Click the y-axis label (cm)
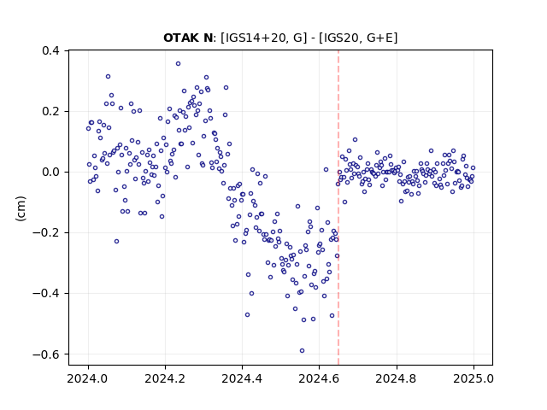[x=21, y=208]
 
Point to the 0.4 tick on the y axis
[x=50, y=51]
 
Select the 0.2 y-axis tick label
[x=50, y=112]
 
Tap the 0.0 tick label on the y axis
[x=50, y=173]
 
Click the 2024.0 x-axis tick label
[x=88, y=378]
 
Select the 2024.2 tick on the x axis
[x=165, y=378]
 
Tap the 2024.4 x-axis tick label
[x=242, y=378]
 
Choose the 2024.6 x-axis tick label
[x=319, y=378]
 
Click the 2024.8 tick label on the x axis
[x=397, y=378]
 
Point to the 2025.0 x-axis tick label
[x=473, y=378]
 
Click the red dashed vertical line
[x=338, y=208]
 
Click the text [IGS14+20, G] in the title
[x=264, y=38]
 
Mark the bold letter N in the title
[x=207, y=38]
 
